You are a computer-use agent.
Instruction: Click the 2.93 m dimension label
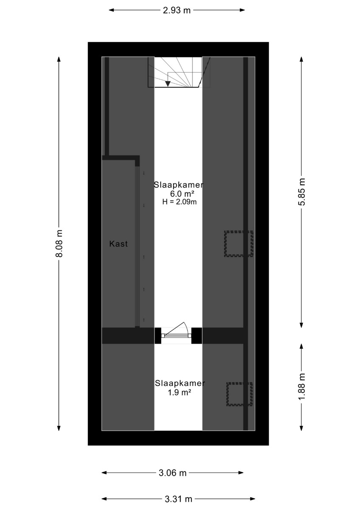(177, 10)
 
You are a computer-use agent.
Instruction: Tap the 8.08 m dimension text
(59, 243)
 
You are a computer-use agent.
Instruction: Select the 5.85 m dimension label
(301, 192)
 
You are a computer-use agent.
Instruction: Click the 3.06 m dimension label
(172, 473)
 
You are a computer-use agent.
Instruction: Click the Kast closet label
(118, 244)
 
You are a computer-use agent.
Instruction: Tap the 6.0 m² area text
(182, 194)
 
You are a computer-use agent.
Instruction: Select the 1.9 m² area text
(179, 392)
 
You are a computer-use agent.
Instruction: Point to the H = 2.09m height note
(180, 202)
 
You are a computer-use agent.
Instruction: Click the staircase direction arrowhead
(168, 84)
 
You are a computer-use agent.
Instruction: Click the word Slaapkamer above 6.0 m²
(179, 185)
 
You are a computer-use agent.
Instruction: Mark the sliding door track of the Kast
(137, 246)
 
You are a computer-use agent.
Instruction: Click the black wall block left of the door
(158, 336)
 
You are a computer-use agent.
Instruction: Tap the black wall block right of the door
(197, 336)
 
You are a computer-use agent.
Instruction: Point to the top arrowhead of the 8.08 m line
(59, 59)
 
